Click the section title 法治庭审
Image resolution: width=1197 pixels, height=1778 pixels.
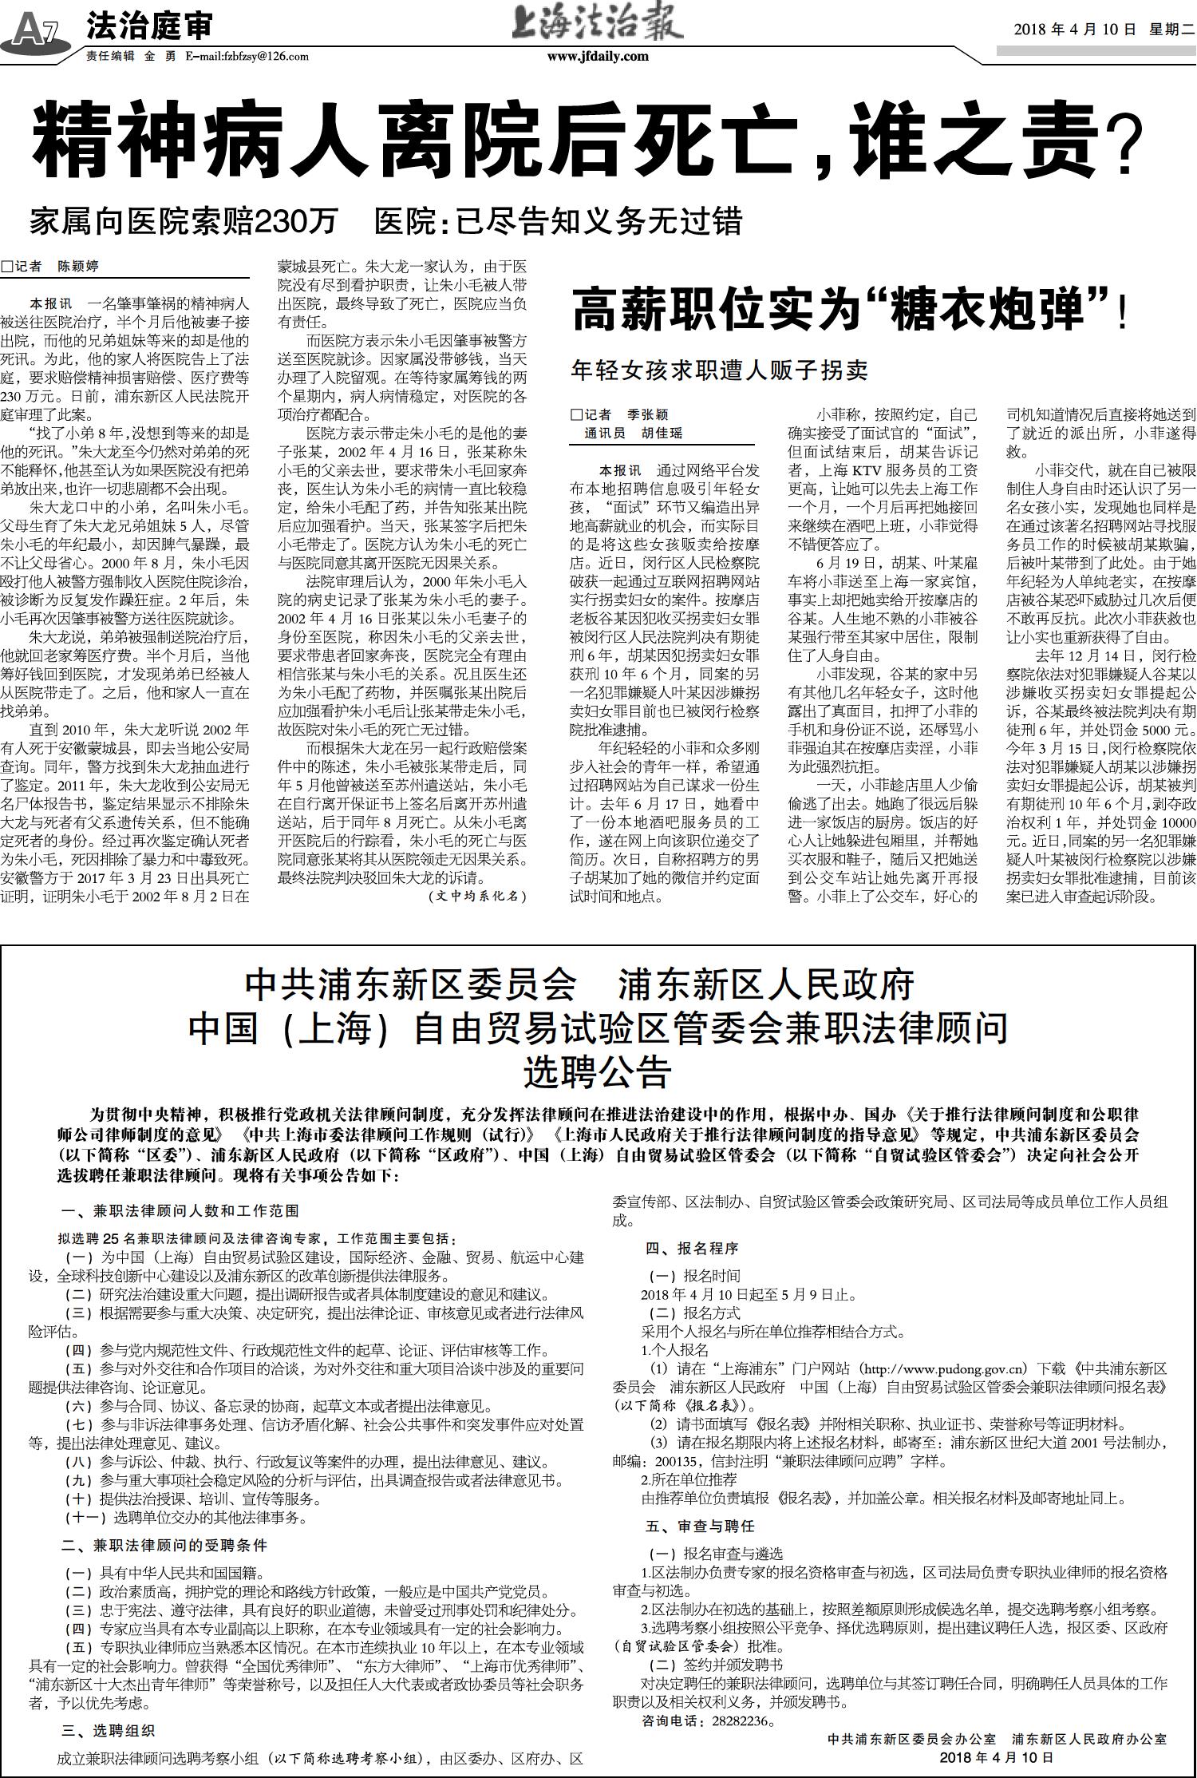point(149,27)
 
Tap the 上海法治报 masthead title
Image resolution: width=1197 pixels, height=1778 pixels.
point(598,25)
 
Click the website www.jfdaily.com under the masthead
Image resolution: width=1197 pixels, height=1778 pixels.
point(598,57)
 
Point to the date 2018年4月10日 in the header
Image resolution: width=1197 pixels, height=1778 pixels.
point(1074,30)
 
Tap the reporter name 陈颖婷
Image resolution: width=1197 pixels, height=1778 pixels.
point(77,267)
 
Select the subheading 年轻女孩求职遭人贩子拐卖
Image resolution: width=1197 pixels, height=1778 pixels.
point(719,370)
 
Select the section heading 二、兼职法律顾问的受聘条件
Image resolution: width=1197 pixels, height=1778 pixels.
point(165,1545)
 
